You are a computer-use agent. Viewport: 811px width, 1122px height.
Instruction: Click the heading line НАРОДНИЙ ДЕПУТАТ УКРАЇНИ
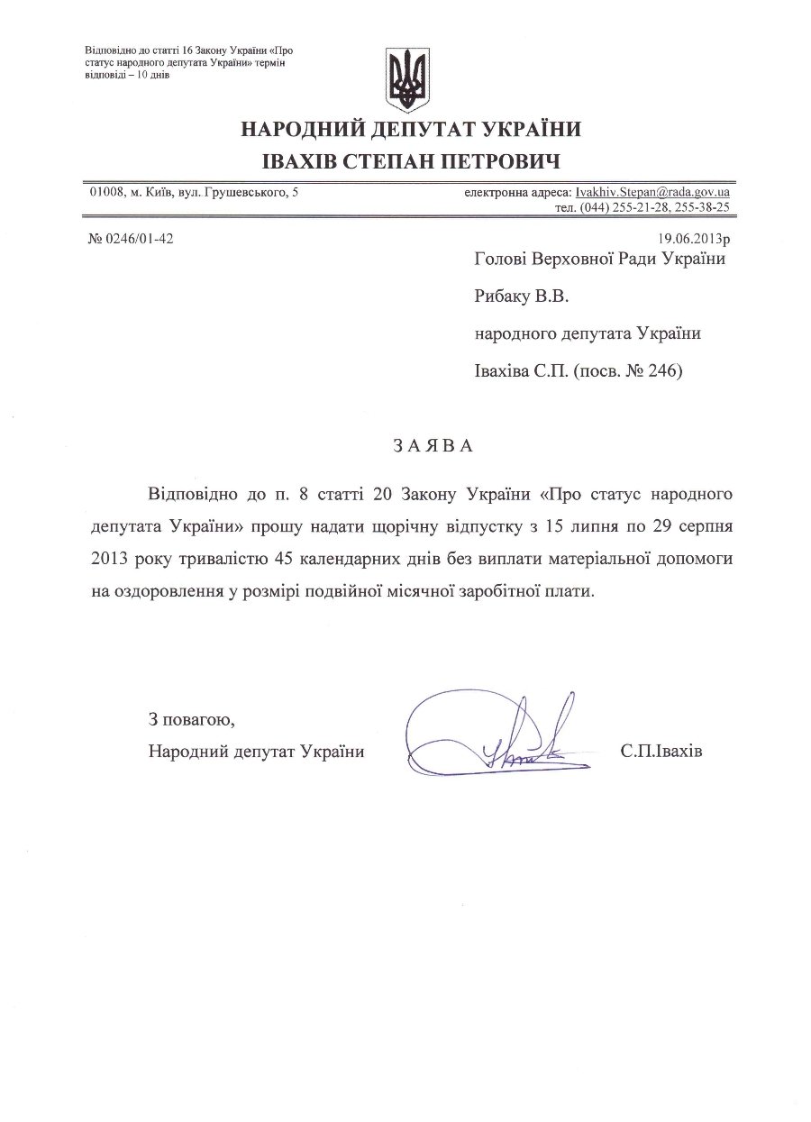click(x=409, y=130)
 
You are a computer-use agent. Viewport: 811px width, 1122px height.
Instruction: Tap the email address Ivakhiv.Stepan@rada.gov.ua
click(x=652, y=192)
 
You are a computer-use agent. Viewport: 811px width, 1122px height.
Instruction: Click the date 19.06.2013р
click(x=694, y=240)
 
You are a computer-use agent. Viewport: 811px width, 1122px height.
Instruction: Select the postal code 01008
click(x=105, y=192)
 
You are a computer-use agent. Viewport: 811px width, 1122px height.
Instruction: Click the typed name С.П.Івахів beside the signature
click(x=661, y=751)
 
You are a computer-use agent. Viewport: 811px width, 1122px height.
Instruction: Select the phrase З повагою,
click(x=191, y=719)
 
